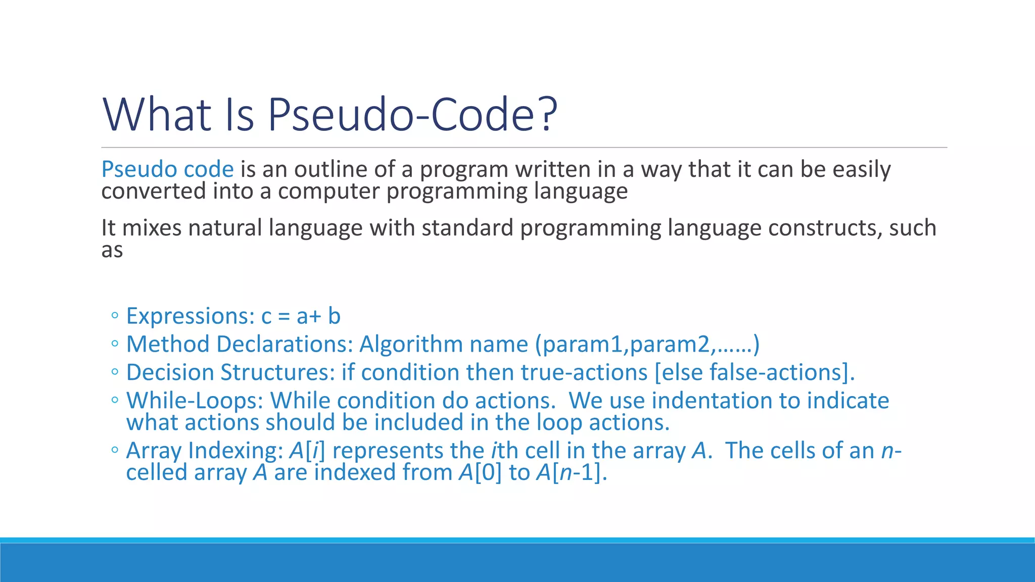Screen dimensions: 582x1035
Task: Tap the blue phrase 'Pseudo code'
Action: [167, 169]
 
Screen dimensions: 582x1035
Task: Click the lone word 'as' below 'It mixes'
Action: [112, 250]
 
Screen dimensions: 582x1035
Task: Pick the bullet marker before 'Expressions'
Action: [115, 316]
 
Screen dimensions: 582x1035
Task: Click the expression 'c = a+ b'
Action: [301, 316]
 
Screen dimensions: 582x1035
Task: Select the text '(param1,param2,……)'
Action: [647, 345]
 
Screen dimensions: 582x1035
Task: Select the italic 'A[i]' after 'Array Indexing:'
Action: [307, 451]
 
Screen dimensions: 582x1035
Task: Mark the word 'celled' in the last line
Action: [156, 473]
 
